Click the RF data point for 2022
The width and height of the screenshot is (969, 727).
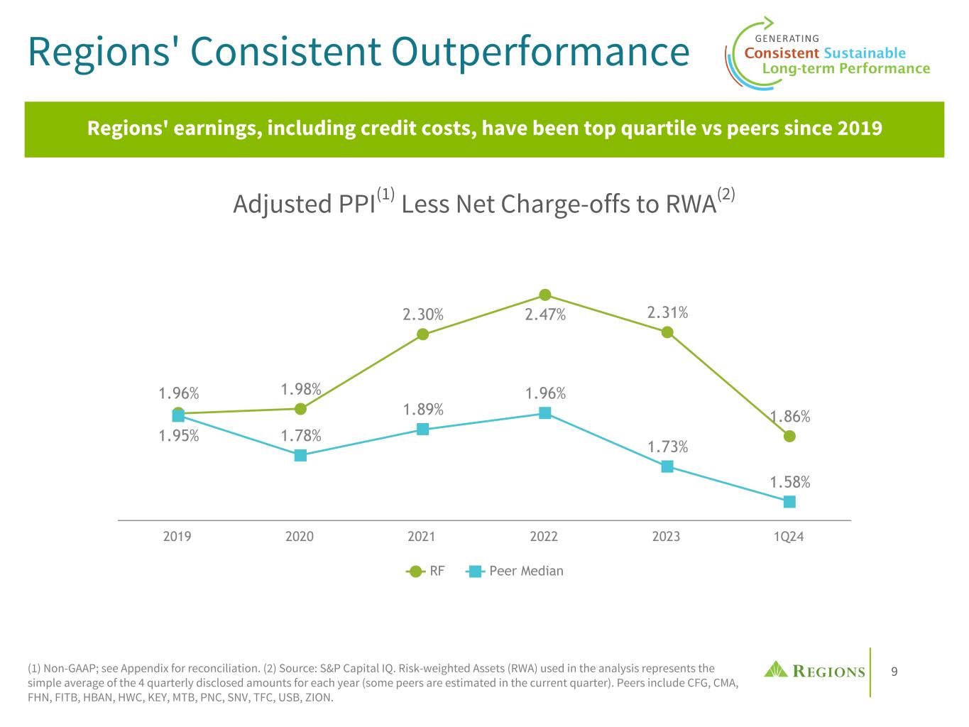(x=545, y=295)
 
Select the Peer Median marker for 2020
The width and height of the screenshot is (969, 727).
(x=300, y=455)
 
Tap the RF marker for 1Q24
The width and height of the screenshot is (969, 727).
(x=789, y=436)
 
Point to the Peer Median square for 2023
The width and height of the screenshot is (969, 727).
(x=667, y=466)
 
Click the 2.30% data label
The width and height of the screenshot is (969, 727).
(x=423, y=315)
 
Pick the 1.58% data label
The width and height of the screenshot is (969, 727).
(x=790, y=482)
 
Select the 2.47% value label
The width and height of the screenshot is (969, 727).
(x=545, y=315)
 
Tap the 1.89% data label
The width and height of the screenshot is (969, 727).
(x=423, y=410)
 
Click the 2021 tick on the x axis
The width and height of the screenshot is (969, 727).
(x=422, y=537)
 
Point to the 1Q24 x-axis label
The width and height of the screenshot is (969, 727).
(x=789, y=537)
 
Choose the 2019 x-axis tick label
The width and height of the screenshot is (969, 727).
(x=177, y=537)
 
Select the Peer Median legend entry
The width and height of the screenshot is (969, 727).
(x=516, y=571)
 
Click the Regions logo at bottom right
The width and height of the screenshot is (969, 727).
(x=815, y=670)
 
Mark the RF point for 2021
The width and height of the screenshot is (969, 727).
(x=423, y=334)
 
